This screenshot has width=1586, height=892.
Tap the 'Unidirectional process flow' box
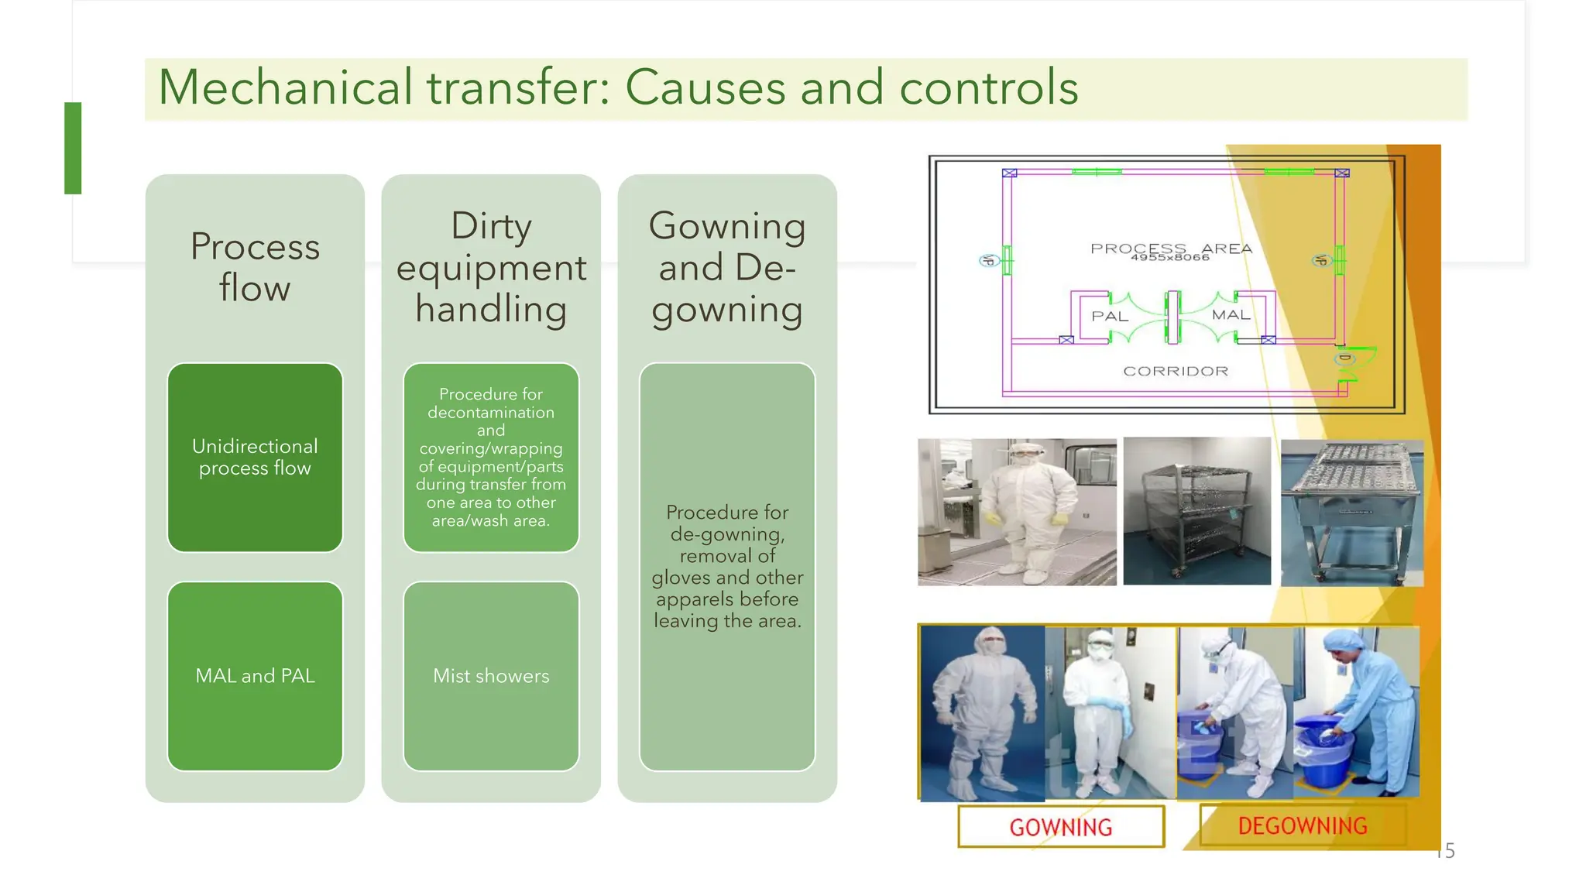[x=255, y=457]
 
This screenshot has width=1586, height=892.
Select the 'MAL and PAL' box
[x=255, y=676]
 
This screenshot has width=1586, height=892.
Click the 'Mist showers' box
[x=491, y=676]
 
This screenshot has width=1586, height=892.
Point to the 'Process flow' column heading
[x=255, y=267]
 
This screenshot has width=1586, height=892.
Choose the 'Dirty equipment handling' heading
[x=491, y=267]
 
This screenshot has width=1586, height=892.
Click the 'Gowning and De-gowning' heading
[x=727, y=267]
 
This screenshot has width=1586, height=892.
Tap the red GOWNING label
[x=1060, y=827]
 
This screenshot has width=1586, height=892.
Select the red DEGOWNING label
[x=1302, y=825]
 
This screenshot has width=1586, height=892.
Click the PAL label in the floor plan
[x=1109, y=317]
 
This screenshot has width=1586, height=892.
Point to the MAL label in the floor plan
[x=1231, y=315]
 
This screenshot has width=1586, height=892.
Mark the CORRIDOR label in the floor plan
[x=1176, y=372]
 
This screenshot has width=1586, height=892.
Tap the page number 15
[x=1446, y=851]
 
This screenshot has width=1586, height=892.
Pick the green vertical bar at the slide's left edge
[x=73, y=148]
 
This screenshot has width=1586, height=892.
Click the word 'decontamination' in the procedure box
[x=491, y=413]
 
